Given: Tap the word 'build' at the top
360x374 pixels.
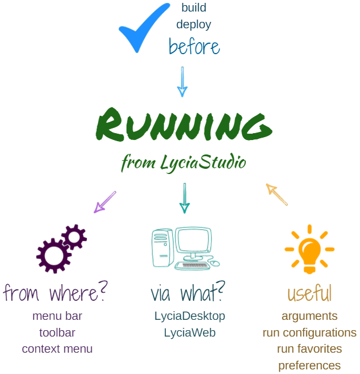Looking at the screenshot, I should coord(194,8).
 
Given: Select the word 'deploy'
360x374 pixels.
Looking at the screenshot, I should coord(194,25).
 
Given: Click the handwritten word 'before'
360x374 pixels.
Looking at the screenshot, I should coord(194,46).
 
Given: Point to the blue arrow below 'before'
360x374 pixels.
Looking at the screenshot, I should coord(182,81).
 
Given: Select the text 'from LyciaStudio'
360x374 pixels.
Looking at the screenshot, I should coord(183,163).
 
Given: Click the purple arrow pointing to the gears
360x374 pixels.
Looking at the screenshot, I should coord(105,202).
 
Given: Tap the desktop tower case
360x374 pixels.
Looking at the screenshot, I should coord(162,248).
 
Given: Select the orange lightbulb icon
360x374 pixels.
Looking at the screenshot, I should coord(309,249).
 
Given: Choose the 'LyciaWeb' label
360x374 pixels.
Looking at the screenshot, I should coord(190,333).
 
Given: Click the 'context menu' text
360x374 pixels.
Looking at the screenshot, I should coord(57,349).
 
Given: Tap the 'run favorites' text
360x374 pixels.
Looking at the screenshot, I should coord(309,349).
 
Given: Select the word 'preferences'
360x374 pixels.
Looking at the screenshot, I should coord(309,365).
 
